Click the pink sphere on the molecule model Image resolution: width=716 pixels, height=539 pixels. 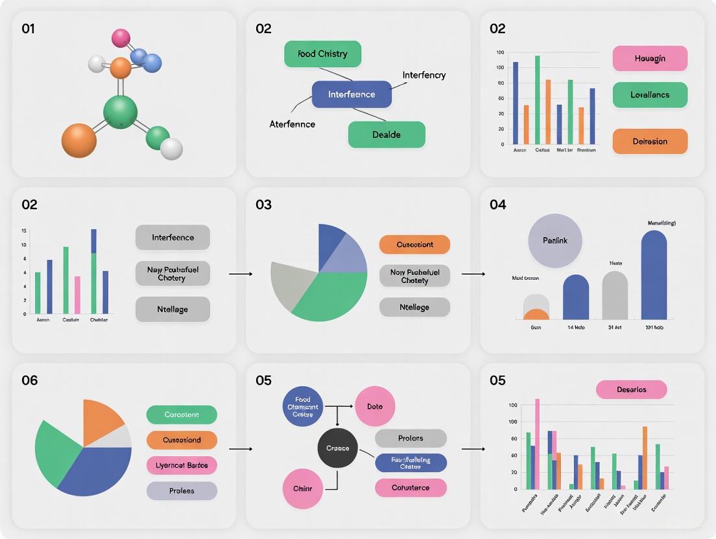point(121,38)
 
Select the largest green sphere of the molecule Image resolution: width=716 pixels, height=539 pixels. point(120,111)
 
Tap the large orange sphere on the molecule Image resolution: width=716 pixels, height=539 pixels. point(79,140)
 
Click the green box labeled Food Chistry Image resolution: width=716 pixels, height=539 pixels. point(322,54)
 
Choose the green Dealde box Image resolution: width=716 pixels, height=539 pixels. point(387,135)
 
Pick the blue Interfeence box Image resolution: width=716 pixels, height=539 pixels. point(352,94)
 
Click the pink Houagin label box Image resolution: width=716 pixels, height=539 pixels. point(650,58)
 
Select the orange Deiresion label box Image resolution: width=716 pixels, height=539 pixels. point(650,141)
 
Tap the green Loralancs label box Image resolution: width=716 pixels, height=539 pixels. point(650,95)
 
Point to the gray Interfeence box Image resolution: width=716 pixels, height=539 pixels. point(173,237)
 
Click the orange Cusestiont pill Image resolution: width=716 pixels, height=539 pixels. point(414,244)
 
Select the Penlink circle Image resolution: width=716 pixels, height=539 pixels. point(555,240)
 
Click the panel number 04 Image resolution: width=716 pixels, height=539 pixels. point(497,205)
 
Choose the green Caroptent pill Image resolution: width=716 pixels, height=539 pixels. point(182,415)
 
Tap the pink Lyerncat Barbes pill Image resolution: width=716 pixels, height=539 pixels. point(182,465)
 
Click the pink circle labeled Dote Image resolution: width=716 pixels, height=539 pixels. point(375,406)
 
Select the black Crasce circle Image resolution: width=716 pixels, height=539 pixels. point(338,448)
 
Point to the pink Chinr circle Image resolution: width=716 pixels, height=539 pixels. point(303,488)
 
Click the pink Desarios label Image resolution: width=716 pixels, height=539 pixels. point(631,389)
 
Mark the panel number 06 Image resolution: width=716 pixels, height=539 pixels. point(30,380)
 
